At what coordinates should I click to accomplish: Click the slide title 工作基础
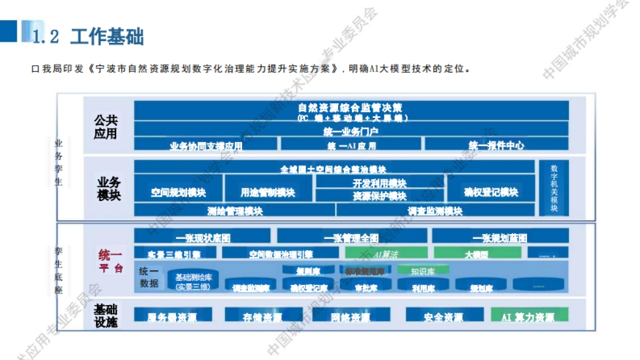pyautogui.click(x=107, y=37)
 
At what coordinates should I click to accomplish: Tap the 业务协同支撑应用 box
pyautogui.click(x=205, y=145)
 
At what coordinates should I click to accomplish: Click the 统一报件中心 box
pyautogui.click(x=497, y=145)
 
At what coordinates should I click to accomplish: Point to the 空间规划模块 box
pyautogui.click(x=178, y=192)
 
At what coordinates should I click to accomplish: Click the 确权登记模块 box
pyautogui.click(x=491, y=192)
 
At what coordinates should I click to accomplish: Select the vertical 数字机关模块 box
pyautogui.click(x=554, y=188)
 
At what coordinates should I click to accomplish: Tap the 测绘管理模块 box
pyautogui.click(x=235, y=211)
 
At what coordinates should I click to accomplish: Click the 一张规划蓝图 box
pyautogui.click(x=500, y=237)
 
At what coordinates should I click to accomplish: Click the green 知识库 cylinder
pyautogui.click(x=423, y=270)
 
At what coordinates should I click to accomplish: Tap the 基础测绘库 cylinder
pyautogui.click(x=193, y=281)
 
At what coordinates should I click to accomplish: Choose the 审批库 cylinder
pyautogui.click(x=366, y=287)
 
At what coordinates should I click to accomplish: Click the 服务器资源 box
pyautogui.click(x=172, y=317)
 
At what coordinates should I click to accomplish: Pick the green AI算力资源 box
pyautogui.click(x=529, y=317)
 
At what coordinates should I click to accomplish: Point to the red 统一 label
pyautogui.click(x=110, y=254)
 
